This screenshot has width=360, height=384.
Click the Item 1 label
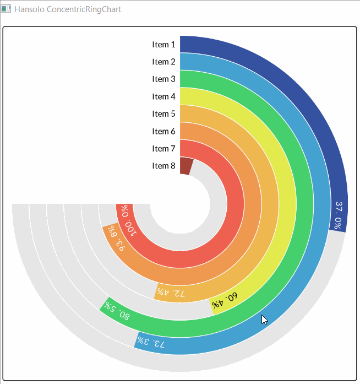pos(163,45)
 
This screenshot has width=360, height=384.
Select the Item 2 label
pos(163,62)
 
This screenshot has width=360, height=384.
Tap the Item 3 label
pos(163,79)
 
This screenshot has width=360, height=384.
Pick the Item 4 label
pos(163,96)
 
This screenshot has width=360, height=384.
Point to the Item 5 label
pos(163,113)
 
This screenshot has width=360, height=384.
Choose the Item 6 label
pos(163,131)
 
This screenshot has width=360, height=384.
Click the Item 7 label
pos(163,148)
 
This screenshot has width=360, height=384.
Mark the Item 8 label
pos(163,165)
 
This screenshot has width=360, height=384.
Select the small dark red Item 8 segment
pos(185,166)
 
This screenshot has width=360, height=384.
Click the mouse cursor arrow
pos(264,320)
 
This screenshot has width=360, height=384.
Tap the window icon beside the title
pos(6,9)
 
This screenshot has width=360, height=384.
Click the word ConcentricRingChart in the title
pos(84,9)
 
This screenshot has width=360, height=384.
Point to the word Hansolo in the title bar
pos(30,9)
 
